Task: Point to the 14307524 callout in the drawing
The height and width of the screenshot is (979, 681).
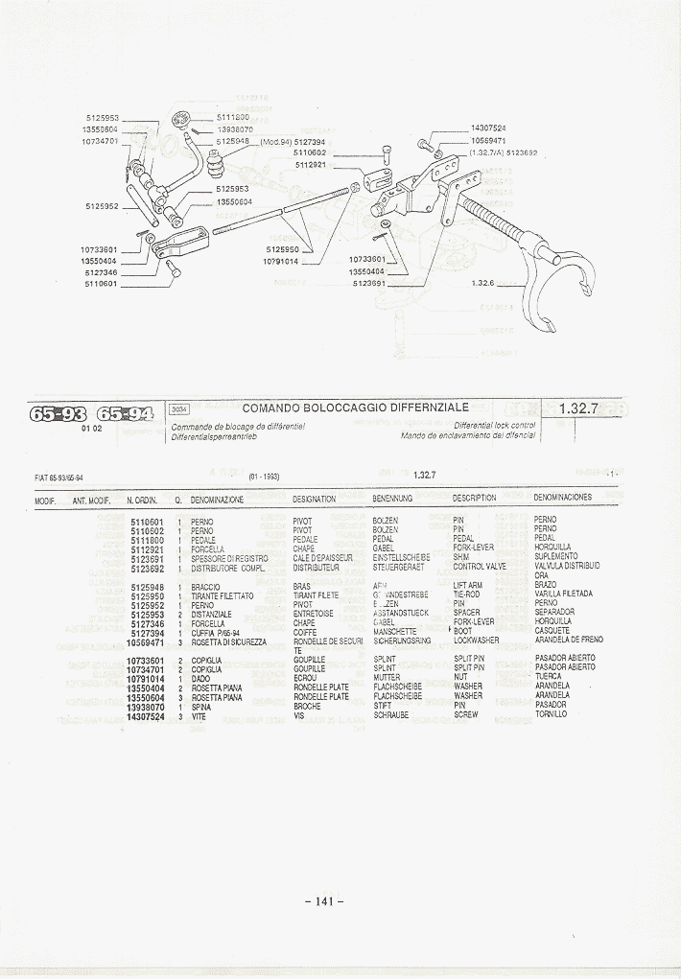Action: click(x=488, y=128)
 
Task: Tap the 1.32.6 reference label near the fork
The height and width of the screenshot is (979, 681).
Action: click(x=482, y=283)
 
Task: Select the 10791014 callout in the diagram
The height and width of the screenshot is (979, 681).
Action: click(x=280, y=261)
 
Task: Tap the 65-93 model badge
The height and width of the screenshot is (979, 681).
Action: click(x=59, y=414)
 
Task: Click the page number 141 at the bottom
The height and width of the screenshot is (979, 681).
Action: click(x=324, y=900)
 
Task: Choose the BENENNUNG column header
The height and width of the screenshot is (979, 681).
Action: click(x=392, y=499)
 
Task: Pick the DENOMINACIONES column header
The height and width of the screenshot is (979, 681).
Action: click(x=562, y=499)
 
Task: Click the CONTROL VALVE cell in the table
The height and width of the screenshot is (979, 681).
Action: click(x=480, y=566)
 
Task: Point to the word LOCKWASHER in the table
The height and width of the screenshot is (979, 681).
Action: click(x=476, y=641)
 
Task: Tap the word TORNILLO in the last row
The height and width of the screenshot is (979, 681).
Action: click(x=551, y=714)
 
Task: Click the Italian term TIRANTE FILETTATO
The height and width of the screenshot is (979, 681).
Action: click(x=223, y=596)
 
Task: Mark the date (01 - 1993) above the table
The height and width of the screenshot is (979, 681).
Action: click(x=265, y=477)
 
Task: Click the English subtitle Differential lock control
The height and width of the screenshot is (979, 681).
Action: click(x=494, y=425)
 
